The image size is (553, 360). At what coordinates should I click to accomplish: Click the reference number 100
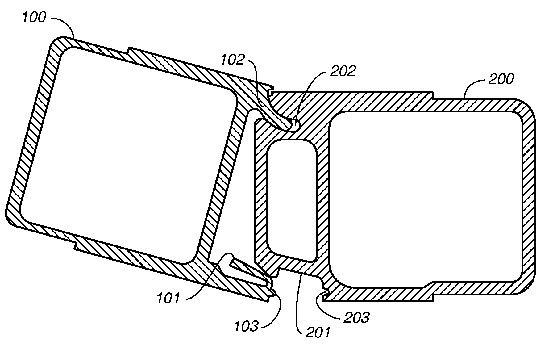(34, 18)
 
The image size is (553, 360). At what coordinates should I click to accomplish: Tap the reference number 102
(233, 60)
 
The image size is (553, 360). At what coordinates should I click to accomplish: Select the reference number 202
(343, 71)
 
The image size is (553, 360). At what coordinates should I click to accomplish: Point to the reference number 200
(501, 79)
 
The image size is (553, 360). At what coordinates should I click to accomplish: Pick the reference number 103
(246, 326)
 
